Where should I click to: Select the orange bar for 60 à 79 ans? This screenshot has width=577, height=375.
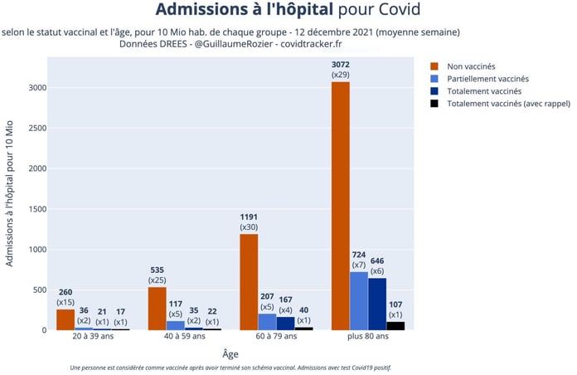pyautogui.click(x=249, y=282)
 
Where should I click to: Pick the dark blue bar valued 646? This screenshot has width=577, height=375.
pyautogui.click(x=376, y=304)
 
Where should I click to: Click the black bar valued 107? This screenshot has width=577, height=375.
pyautogui.click(x=395, y=325)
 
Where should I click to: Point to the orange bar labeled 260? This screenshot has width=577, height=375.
pyautogui.click(x=65, y=319)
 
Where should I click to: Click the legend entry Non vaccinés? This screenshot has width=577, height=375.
pyautogui.click(x=469, y=66)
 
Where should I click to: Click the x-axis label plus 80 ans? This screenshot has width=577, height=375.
pyautogui.click(x=368, y=338)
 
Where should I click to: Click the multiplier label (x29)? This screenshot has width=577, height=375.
pyautogui.click(x=341, y=75)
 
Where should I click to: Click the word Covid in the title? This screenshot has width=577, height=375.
pyautogui.click(x=395, y=11)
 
